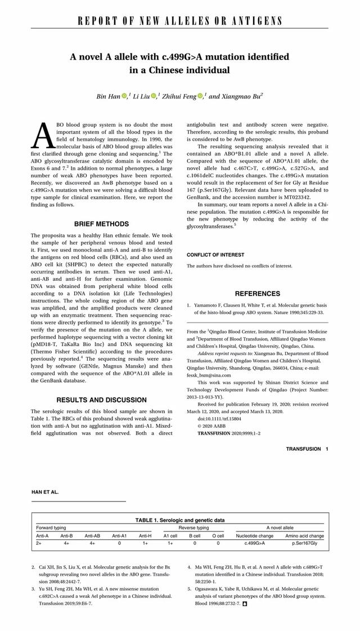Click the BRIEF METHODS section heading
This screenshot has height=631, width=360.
[101, 224]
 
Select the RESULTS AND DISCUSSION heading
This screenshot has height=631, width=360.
[101, 400]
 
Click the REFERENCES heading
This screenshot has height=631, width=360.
[257, 293]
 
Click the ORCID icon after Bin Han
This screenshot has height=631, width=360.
[124, 96]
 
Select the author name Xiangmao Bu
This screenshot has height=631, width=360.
[241, 96]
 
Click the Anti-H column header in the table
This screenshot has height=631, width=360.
[145, 536]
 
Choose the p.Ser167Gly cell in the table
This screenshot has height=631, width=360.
[304, 544]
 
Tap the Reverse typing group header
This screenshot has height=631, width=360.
[194, 528]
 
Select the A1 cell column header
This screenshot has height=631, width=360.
[170, 536]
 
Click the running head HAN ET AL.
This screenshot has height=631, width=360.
[45, 492]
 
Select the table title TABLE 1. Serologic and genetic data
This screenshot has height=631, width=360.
[180, 520]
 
